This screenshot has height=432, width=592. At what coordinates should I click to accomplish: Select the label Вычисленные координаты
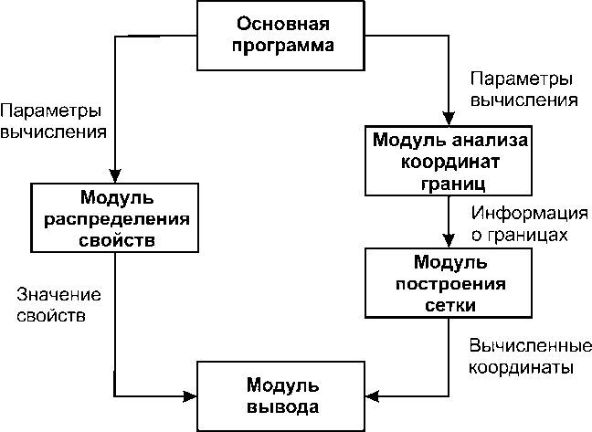click(522, 358)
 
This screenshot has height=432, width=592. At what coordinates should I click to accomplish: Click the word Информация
click(527, 215)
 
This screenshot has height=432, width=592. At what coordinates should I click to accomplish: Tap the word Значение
click(58, 297)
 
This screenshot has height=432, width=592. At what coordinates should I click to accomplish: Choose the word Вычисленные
click(522, 347)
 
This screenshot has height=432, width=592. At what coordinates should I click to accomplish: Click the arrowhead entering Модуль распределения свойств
click(113, 176)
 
